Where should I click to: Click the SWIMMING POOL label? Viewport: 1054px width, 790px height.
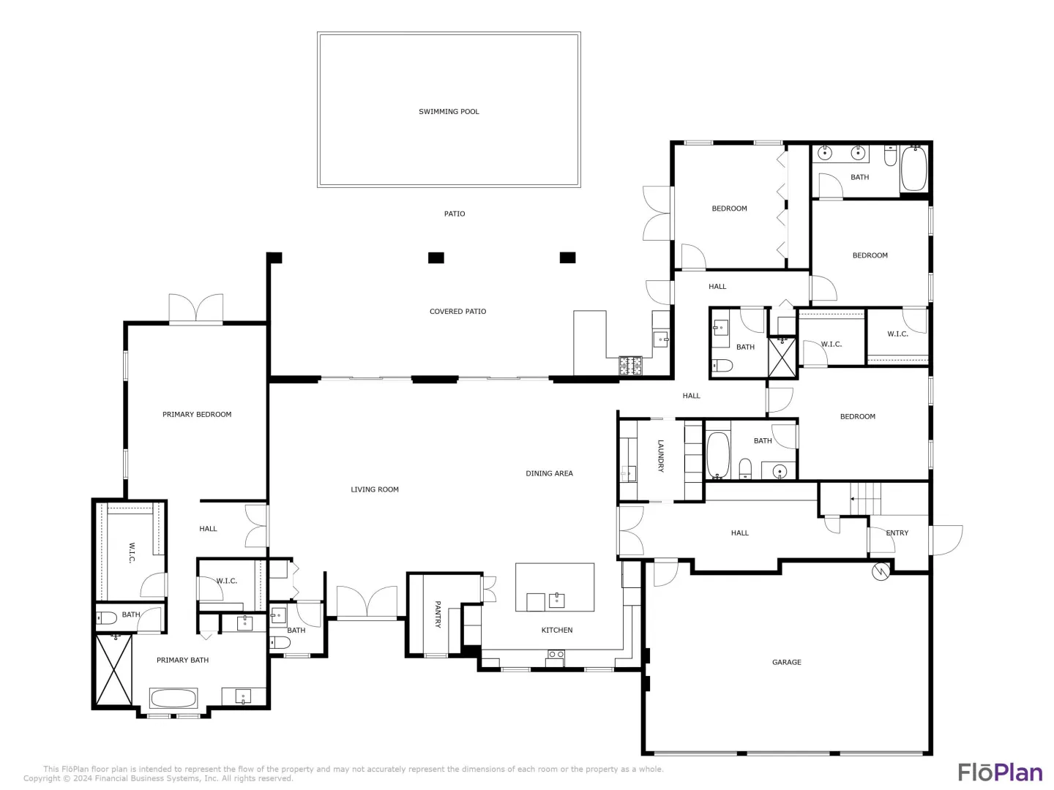449,112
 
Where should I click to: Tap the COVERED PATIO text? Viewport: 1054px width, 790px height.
457,312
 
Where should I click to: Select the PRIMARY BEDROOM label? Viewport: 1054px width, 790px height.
197,415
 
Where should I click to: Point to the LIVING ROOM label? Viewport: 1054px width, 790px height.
375,490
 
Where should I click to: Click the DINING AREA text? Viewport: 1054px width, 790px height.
550,473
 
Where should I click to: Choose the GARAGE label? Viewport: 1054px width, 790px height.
787,663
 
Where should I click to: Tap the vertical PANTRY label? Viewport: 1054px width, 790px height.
438,614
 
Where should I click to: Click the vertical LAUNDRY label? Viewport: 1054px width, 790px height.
661,456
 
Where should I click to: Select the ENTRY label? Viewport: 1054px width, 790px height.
897,533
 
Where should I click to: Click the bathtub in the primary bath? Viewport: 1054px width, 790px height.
173,699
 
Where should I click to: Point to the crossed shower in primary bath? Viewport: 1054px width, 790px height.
113,670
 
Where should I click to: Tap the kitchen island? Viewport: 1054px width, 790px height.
555,587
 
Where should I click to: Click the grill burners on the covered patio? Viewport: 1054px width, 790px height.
630,366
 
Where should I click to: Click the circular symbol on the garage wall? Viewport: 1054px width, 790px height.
881,571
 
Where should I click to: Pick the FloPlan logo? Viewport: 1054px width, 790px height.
1001,772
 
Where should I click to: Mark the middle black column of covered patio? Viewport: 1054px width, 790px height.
436,258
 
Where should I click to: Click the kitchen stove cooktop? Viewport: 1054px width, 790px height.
556,655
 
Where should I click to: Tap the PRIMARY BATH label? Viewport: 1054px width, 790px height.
182,661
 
